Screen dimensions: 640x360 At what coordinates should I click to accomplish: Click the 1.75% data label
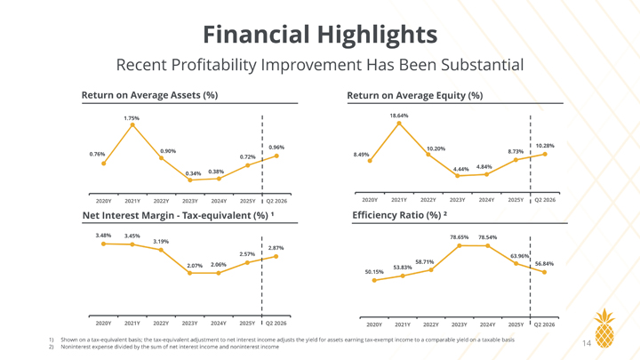coord(132,118)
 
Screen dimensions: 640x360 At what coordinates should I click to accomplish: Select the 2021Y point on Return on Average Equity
coord(399,123)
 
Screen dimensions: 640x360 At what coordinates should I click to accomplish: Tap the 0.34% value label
coord(193,173)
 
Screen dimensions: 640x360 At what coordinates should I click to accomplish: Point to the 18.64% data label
coord(399,116)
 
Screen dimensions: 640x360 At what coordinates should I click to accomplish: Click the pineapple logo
coord(604,328)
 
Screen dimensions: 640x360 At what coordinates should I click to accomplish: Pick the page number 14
coord(587,343)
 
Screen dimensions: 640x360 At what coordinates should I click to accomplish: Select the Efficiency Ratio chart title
coord(400,215)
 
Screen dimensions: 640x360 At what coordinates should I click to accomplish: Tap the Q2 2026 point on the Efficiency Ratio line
coord(545,272)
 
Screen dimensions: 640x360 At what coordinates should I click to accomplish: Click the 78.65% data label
coord(460,237)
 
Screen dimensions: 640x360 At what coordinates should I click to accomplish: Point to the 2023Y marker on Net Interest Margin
coord(190,273)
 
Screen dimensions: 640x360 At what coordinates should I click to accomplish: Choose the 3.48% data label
coord(103,236)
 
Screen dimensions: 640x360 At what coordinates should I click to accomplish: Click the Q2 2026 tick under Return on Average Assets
coord(276,201)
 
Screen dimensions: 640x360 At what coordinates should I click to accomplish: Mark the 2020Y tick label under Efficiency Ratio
coord(374,325)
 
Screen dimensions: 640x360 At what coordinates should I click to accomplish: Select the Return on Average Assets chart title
coord(150,95)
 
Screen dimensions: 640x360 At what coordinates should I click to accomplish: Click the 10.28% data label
coord(545,146)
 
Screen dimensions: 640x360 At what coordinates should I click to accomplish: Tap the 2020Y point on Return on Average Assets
coord(104,164)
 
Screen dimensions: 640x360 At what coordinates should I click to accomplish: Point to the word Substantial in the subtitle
coord(481,65)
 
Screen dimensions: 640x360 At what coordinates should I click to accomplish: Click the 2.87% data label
coord(276,248)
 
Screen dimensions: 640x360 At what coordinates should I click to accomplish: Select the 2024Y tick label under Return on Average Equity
coord(486,200)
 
